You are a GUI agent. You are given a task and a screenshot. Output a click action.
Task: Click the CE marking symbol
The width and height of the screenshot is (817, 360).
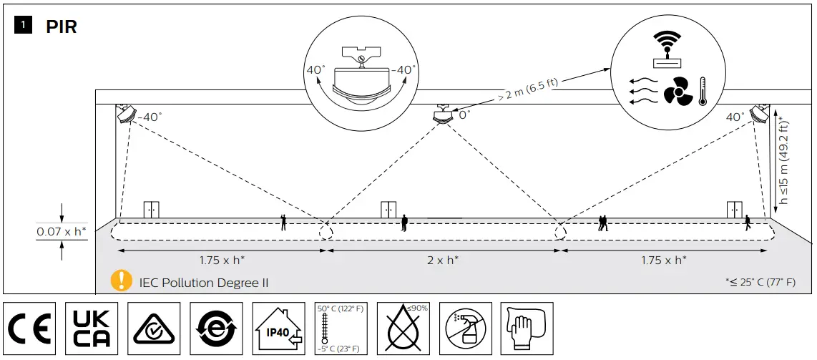[29, 328]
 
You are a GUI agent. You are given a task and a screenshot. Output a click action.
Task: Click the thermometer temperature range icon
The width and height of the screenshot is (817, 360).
[340, 328]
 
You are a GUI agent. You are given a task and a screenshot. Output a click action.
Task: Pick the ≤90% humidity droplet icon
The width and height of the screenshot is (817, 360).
[402, 328]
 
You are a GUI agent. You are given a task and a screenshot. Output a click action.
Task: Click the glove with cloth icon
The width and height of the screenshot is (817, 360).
[526, 328]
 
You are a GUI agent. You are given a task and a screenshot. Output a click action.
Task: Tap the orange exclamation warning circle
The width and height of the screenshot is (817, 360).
[122, 281]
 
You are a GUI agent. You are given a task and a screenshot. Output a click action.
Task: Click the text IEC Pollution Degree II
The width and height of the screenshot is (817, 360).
[204, 283]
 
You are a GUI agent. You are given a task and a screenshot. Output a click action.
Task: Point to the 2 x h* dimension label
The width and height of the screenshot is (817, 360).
[444, 261]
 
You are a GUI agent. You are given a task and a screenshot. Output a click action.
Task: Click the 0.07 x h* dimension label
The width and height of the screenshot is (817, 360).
[62, 232]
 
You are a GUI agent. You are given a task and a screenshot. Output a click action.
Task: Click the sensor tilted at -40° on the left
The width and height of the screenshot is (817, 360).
[127, 113]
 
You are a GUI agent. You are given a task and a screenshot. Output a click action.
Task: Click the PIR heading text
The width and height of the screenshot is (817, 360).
[61, 27]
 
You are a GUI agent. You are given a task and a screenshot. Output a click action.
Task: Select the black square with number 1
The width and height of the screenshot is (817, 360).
[24, 26]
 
